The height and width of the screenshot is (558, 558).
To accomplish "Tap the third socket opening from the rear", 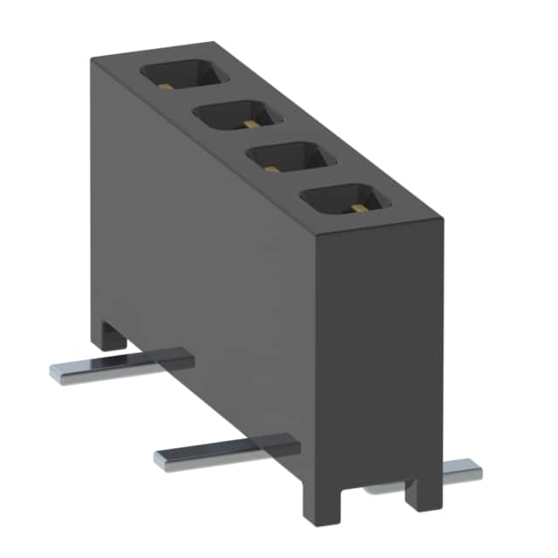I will point(285,160).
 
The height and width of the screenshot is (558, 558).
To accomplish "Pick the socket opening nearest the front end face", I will point(339,202).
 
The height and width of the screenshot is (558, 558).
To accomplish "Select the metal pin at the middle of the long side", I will point(227,450).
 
